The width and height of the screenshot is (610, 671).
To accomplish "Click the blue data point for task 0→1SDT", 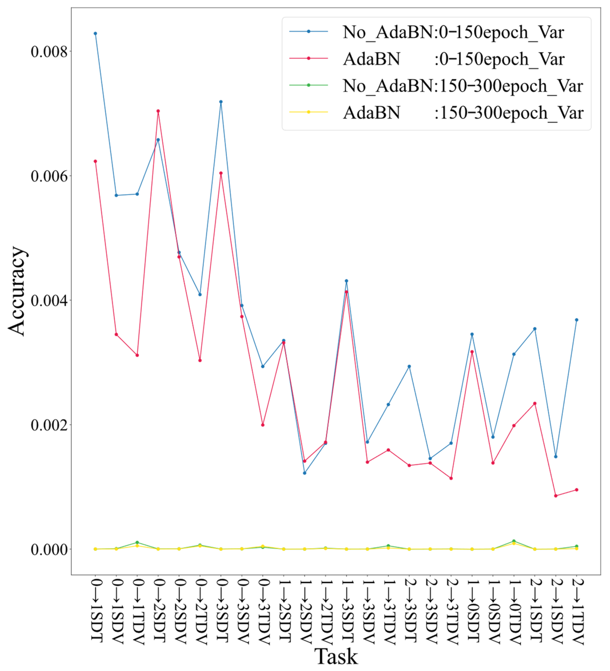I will tap(95, 33).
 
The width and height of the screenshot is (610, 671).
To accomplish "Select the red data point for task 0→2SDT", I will tap(158, 111).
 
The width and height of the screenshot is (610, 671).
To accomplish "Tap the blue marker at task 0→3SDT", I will tap(221, 102).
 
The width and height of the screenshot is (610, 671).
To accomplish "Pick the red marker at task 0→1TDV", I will tap(137, 355).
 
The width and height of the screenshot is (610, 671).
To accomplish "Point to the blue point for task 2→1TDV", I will tap(577, 320).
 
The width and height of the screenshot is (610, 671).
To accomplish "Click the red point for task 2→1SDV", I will tap(556, 496).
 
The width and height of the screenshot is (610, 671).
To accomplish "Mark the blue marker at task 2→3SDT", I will tap(409, 366).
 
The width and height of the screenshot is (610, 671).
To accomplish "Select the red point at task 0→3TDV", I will tap(263, 425).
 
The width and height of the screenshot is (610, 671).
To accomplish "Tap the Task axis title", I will tap(336, 656).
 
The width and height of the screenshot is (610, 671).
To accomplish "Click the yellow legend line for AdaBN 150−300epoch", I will tap(308, 112).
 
